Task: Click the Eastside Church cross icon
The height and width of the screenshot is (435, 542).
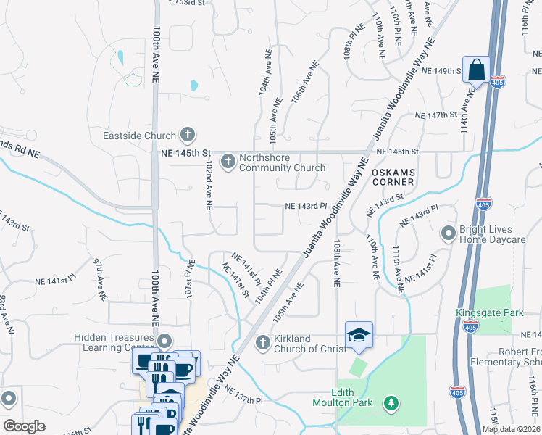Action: (x=188, y=135)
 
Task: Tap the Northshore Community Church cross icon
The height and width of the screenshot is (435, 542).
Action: (x=228, y=160)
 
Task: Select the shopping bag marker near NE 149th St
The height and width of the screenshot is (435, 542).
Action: (x=476, y=70)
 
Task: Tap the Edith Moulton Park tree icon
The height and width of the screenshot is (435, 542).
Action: (x=391, y=402)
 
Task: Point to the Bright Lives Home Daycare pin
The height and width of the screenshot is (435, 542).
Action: (x=449, y=233)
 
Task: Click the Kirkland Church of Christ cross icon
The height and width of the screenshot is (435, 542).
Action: (x=262, y=341)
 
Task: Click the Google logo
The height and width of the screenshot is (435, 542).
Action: (x=24, y=426)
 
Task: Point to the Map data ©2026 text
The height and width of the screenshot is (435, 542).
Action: (x=511, y=429)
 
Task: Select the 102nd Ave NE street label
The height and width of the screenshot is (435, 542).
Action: (x=208, y=186)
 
